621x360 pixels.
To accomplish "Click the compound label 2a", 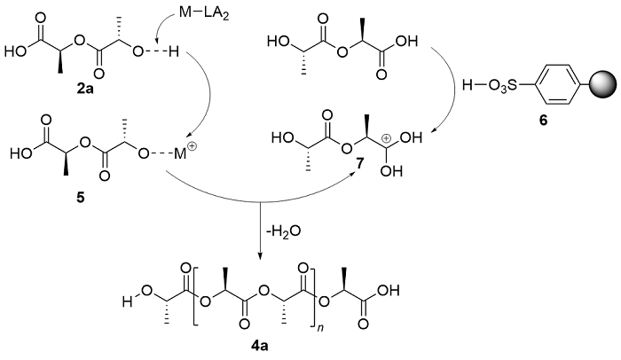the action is (85, 89).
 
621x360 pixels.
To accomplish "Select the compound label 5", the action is (80, 197).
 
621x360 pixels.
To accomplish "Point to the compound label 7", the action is (359, 164).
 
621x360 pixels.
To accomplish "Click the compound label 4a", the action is (259, 346).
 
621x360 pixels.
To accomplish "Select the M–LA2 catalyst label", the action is (204, 13).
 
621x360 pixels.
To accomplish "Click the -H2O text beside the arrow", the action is (283, 231).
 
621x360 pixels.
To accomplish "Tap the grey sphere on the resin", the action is (604, 85).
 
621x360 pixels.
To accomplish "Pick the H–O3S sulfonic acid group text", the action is (490, 86).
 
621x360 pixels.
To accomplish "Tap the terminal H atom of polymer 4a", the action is (127, 302).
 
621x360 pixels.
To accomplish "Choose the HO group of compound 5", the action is (20, 153).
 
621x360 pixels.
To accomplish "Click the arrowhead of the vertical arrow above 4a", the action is (260, 257).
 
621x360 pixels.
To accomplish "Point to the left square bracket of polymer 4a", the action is (195, 296).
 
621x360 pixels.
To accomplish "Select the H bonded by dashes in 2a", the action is (173, 51).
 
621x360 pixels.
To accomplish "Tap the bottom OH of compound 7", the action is (391, 171).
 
